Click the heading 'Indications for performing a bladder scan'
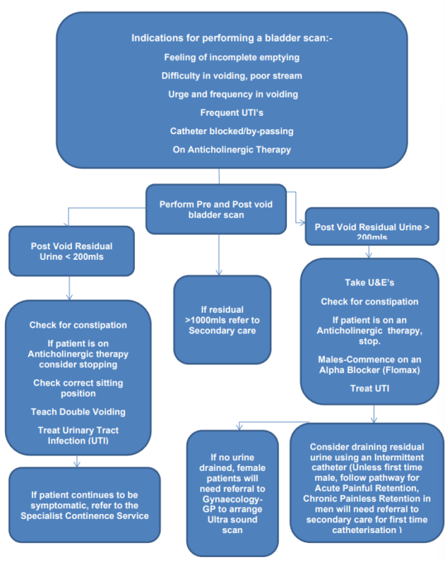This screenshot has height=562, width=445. click(232, 38)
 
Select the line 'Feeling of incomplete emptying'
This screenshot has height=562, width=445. click(232, 56)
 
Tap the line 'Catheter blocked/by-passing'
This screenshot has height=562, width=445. click(232, 131)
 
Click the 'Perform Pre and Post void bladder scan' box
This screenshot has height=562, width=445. click(216, 208)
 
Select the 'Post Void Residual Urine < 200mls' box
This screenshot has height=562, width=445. click(71, 252)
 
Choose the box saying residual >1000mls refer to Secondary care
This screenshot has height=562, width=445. click(222, 318)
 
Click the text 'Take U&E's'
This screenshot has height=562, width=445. click(370, 282)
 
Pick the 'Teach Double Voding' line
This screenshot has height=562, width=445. click(77, 412)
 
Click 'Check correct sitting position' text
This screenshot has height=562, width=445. click(77, 388)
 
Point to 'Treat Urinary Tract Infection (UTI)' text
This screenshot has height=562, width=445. click(77, 436)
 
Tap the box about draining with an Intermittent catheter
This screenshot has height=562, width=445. click(367, 487)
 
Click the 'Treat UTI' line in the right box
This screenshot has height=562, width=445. click(370, 388)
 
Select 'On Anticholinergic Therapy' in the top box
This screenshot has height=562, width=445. click(232, 149)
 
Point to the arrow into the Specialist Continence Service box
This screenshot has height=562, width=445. click(76, 463)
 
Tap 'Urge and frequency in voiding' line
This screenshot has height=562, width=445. click(232, 94)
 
